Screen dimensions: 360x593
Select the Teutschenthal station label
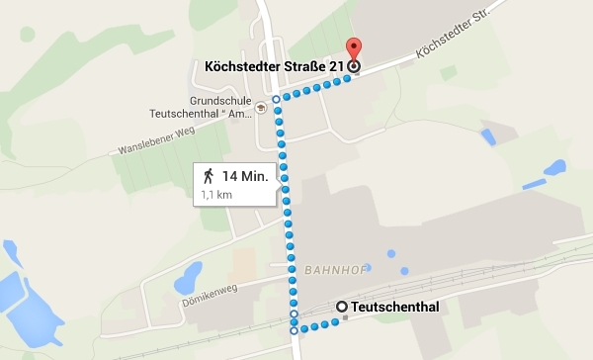point(395,307)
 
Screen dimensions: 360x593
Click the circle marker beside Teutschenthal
point(342,307)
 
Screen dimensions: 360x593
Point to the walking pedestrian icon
point(209,176)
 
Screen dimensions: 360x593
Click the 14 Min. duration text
point(243,176)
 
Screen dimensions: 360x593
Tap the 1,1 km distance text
point(216,195)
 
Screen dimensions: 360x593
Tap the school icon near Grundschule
point(260,105)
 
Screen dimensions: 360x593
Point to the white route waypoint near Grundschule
point(276,100)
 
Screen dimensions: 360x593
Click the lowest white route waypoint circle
point(293,330)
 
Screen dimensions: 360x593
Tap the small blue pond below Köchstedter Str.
point(487,136)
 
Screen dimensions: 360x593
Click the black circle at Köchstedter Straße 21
point(355,67)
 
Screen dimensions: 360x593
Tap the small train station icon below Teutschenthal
point(345,318)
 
